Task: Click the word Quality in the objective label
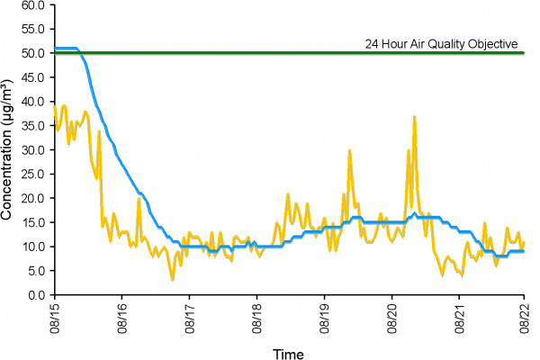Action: [x=450, y=43]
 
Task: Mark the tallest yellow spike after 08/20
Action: [x=414, y=117]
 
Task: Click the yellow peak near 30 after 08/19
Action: [x=349, y=150]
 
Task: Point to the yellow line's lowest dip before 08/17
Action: [x=173, y=279]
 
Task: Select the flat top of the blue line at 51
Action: [x=66, y=48]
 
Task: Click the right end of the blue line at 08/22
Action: [x=524, y=251]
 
